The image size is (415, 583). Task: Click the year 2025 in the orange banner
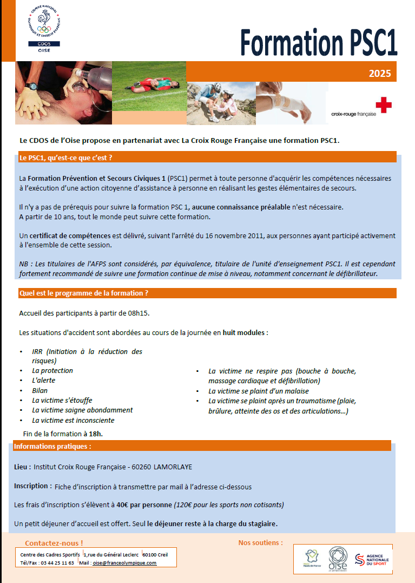380,74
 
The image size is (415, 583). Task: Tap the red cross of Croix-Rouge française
383,104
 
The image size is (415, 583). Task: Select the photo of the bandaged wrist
292,103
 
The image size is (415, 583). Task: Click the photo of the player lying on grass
149,86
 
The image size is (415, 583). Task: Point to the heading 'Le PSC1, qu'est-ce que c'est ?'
65,158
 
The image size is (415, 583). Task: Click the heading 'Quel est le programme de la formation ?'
84,293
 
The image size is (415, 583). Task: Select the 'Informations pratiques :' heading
52,447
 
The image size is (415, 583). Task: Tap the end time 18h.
96,434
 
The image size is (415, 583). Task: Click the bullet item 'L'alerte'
44,381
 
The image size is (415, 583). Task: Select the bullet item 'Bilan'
40,390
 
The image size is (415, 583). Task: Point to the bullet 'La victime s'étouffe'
62,401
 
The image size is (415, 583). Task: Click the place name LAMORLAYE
173,467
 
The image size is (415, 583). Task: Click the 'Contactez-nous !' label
54,543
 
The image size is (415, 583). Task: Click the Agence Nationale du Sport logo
373,560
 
